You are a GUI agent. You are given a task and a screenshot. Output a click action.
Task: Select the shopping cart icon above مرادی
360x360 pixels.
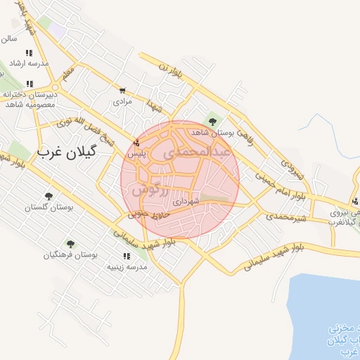coord(123,91)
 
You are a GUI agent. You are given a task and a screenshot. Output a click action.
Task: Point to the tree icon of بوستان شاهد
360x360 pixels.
coord(212,122)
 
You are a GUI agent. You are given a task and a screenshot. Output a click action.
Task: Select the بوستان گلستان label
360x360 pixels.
coord(49,207)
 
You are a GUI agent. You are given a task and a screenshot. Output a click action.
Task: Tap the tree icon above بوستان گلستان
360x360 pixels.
coord(49,196)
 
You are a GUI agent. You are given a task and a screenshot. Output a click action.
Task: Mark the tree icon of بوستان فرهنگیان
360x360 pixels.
coord(70,243)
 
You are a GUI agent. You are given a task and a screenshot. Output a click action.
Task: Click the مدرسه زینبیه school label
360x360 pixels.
coord(126,267)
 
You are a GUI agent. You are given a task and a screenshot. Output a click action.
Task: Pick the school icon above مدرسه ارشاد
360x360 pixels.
coord(29,53)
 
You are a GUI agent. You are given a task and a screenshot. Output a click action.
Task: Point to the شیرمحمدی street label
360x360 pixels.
coord(287,217)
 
